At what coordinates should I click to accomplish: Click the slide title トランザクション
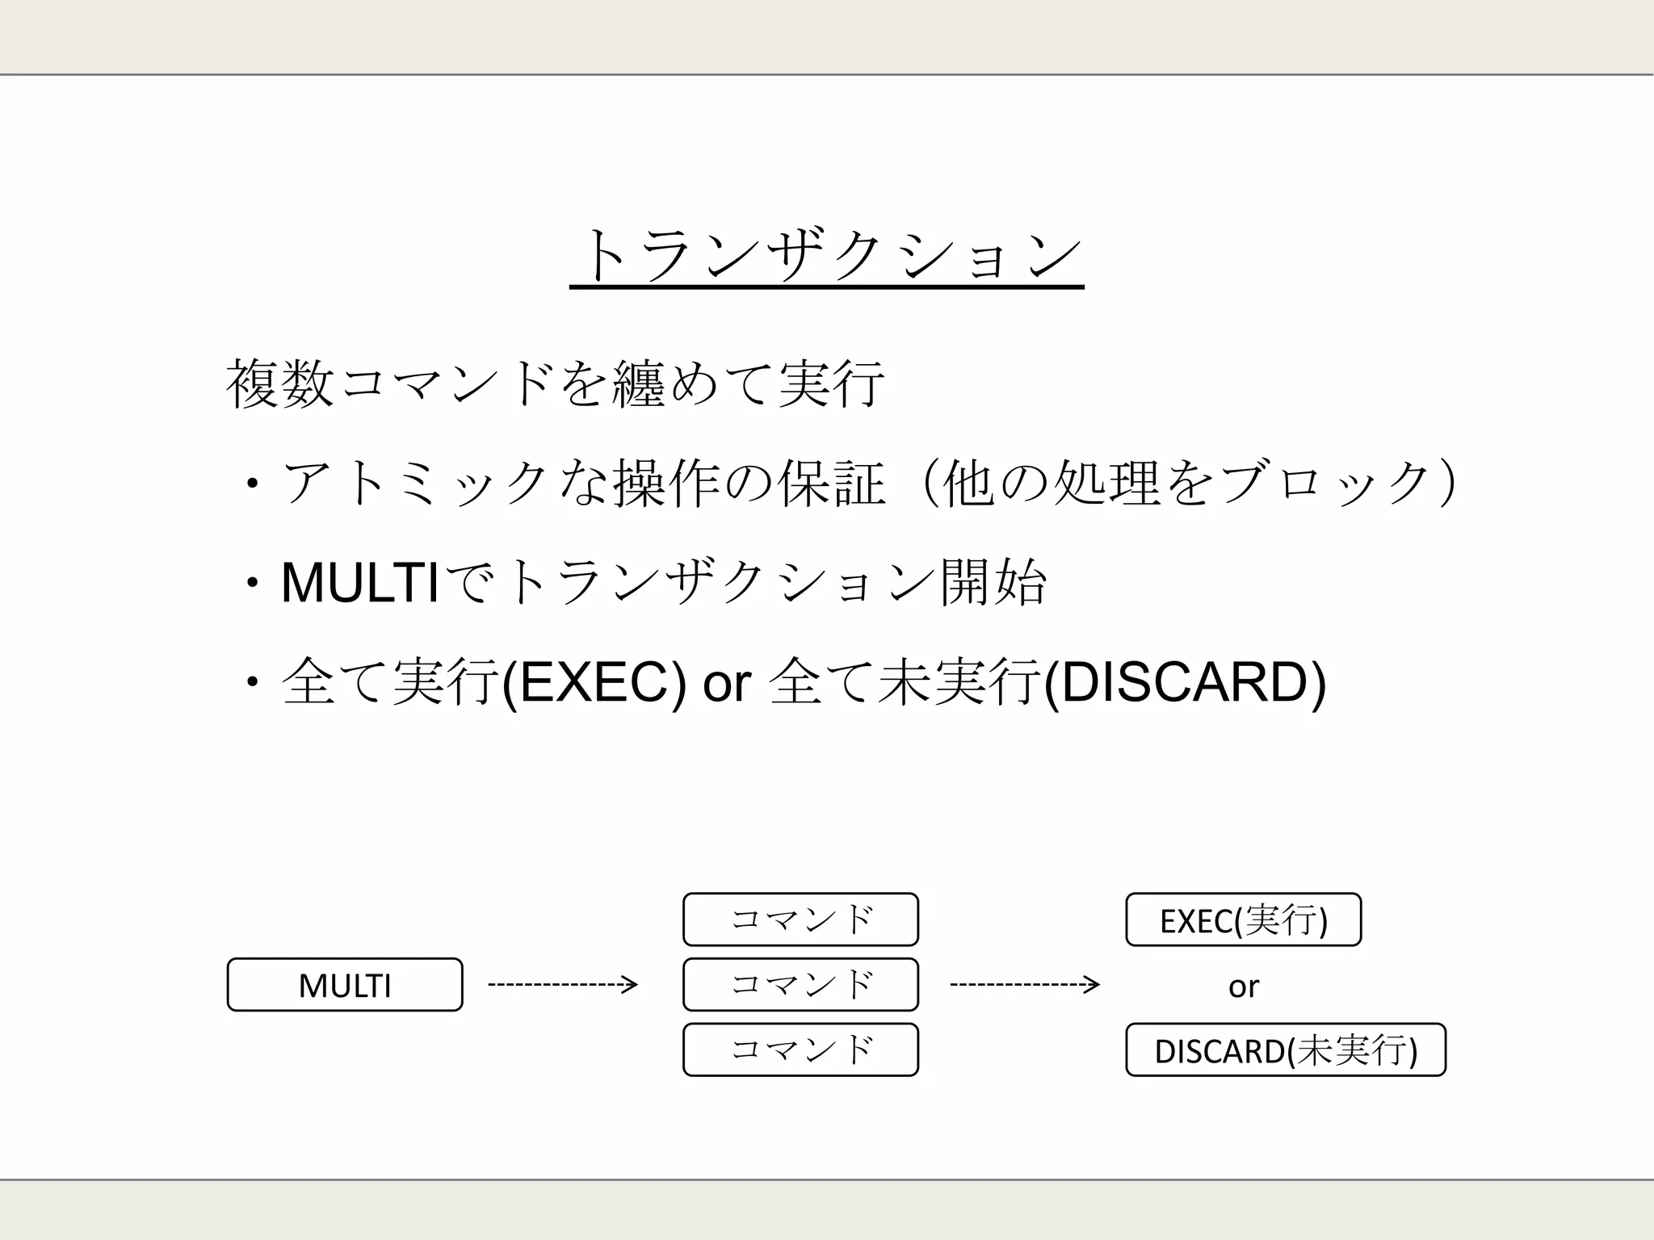[826, 257]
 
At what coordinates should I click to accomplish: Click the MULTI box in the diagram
[345, 985]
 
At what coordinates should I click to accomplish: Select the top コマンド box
[800, 920]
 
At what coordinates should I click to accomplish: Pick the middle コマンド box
[800, 985]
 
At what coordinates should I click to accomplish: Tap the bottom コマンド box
[800, 1049]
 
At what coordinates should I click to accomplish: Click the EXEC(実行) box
[1243, 920]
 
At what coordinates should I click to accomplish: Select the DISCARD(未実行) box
[1285, 1049]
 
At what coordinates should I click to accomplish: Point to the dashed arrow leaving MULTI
[563, 985]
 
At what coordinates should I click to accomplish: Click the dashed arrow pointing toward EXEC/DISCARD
[1025, 985]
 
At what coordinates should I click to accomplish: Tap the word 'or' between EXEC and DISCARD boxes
[1243, 987]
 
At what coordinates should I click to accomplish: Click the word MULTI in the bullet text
[360, 583]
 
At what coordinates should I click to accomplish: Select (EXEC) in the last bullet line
[594, 683]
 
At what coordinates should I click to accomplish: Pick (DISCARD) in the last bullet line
[1185, 683]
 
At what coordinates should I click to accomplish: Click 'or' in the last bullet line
[727, 685]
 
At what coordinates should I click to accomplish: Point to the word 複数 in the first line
[279, 384]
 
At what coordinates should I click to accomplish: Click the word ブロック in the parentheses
[1328, 484]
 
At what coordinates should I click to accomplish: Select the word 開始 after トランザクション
[993, 583]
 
